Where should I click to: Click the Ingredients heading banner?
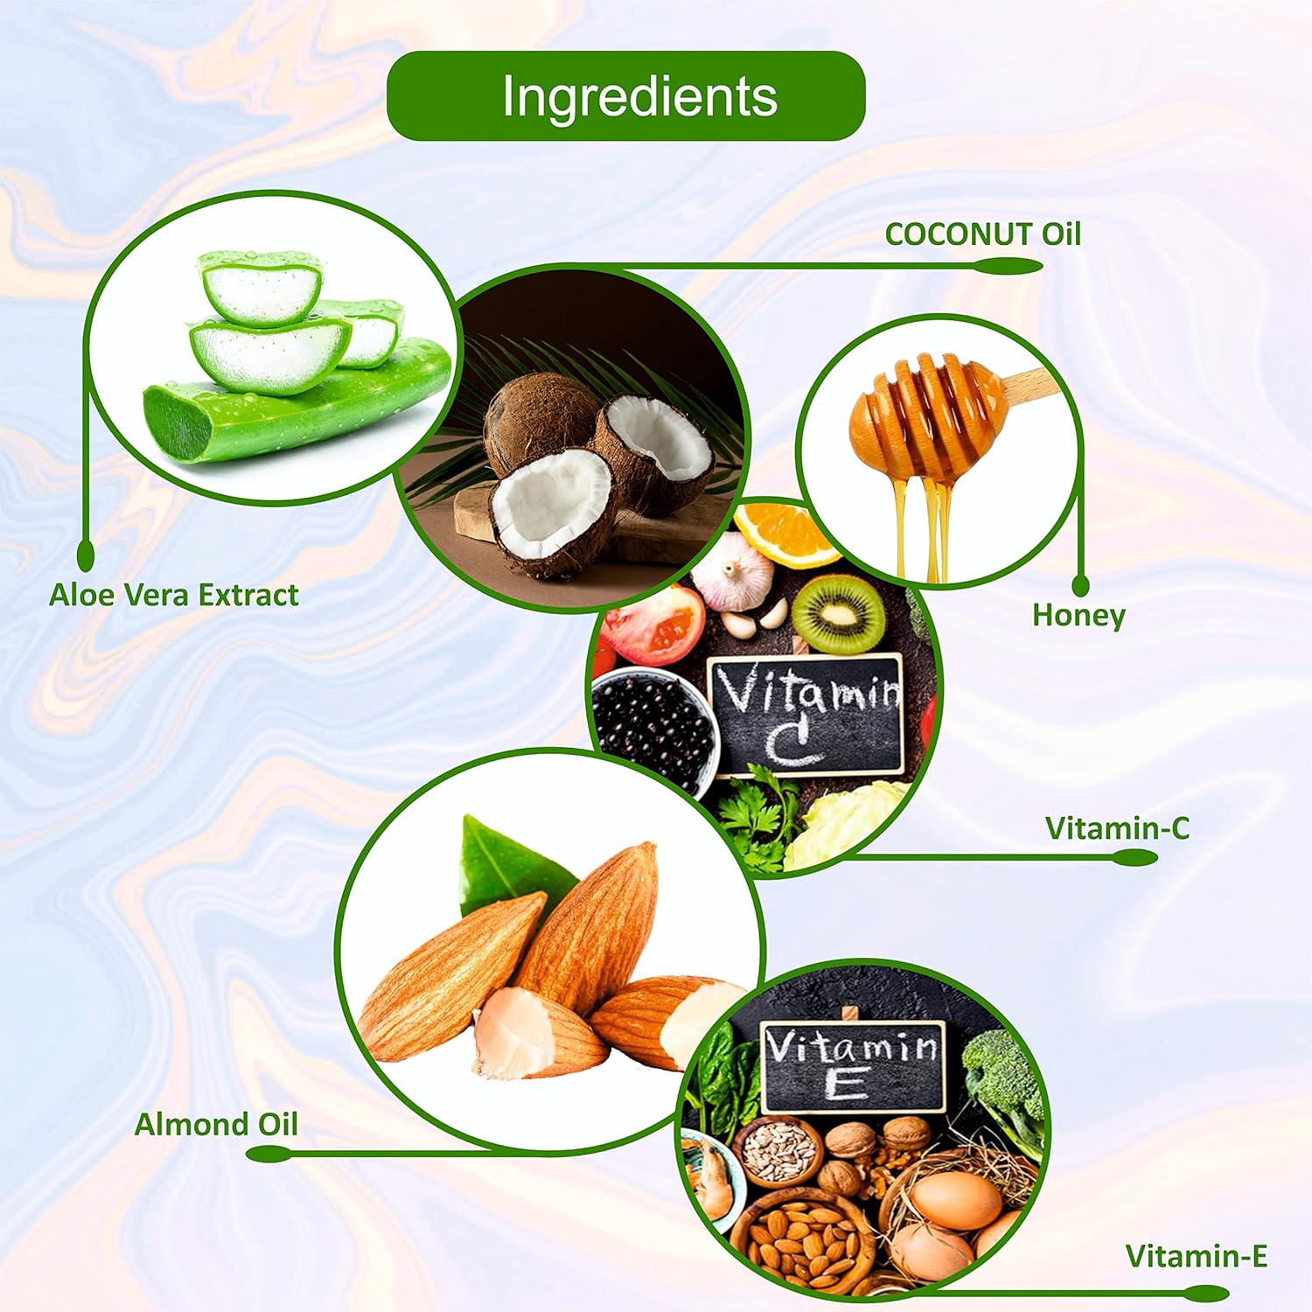point(625,96)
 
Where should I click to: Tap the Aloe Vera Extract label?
point(173,596)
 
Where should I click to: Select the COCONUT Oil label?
point(982,234)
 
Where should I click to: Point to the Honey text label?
point(1078,615)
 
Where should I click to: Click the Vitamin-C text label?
point(1117,828)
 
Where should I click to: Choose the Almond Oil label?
point(216,1124)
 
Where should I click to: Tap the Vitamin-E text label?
point(1196,1257)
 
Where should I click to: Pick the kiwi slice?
point(838,612)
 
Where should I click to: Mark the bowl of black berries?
point(652,726)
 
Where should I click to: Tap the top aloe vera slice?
point(261,287)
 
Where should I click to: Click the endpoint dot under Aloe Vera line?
point(86,553)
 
